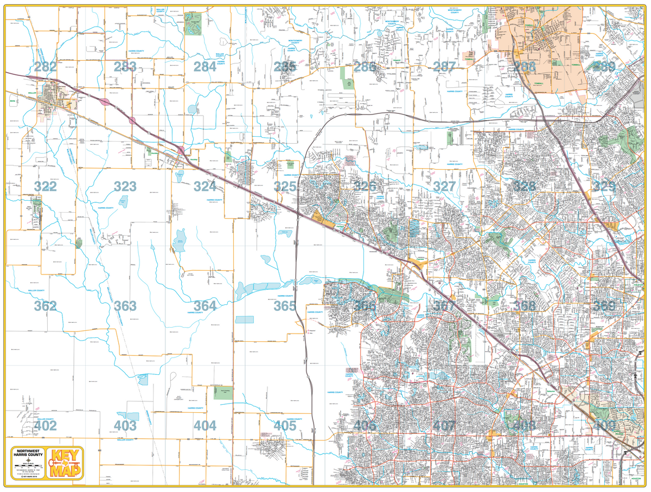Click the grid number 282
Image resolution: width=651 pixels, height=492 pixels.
click(x=44, y=67)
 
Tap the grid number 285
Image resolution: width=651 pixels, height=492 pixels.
click(x=285, y=67)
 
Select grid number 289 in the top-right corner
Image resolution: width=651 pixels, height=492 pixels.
click(x=604, y=67)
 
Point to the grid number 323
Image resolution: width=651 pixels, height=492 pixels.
click(x=125, y=187)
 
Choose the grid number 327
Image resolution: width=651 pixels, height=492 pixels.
click(x=444, y=187)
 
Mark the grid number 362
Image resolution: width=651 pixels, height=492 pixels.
click(x=44, y=306)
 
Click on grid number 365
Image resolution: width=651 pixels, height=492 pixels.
click(x=285, y=306)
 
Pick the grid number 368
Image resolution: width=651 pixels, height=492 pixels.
click(x=524, y=306)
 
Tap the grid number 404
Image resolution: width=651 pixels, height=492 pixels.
click(x=205, y=426)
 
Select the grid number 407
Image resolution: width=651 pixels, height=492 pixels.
click(x=444, y=426)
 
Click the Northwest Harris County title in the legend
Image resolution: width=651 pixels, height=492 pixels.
click(x=28, y=453)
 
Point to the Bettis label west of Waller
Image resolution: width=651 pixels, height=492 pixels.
click(x=12, y=100)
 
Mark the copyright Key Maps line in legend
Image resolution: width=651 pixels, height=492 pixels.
click(x=28, y=476)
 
